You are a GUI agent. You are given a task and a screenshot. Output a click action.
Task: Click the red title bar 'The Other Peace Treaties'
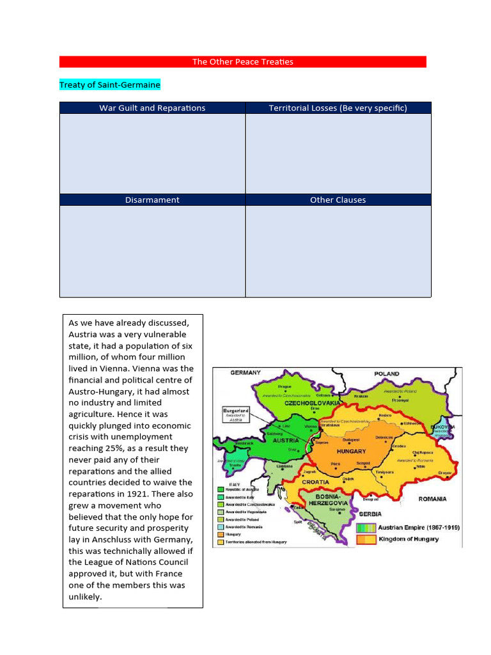tap(242, 61)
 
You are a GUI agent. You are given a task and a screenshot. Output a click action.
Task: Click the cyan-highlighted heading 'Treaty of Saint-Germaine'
tap(110, 84)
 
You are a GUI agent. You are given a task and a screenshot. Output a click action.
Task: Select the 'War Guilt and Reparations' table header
tap(152, 107)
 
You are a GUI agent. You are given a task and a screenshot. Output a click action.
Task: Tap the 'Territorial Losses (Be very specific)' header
tap(338, 107)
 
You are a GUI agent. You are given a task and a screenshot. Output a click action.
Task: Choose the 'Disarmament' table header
tap(152, 200)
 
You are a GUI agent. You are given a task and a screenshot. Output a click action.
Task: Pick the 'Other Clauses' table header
tap(338, 200)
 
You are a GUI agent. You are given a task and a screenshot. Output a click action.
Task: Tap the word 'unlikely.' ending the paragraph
tap(85, 597)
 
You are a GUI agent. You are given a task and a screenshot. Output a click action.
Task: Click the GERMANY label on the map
tap(245, 372)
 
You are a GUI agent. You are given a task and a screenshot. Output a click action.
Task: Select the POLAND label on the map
tap(387, 374)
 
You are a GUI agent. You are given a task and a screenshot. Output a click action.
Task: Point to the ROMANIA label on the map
tap(432, 498)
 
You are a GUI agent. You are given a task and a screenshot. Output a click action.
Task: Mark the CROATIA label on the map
tap(315, 482)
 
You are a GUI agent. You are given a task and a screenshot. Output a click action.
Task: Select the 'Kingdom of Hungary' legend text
tap(409, 539)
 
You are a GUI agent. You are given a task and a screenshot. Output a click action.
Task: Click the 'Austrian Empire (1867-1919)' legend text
tap(419, 528)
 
